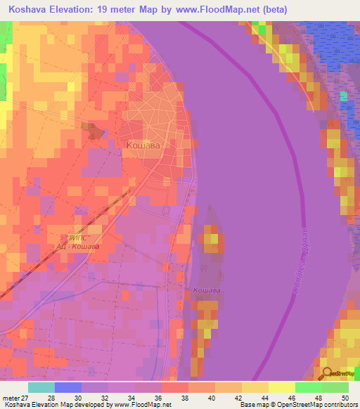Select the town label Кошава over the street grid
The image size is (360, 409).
point(143,145)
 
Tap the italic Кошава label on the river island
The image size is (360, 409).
point(207,290)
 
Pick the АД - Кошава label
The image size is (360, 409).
point(78,247)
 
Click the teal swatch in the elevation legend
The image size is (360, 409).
point(41,387)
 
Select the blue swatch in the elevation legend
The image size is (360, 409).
point(67,387)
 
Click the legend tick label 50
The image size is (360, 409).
point(344,398)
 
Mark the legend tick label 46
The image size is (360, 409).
point(291,398)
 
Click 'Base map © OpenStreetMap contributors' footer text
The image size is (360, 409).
point(298,405)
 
